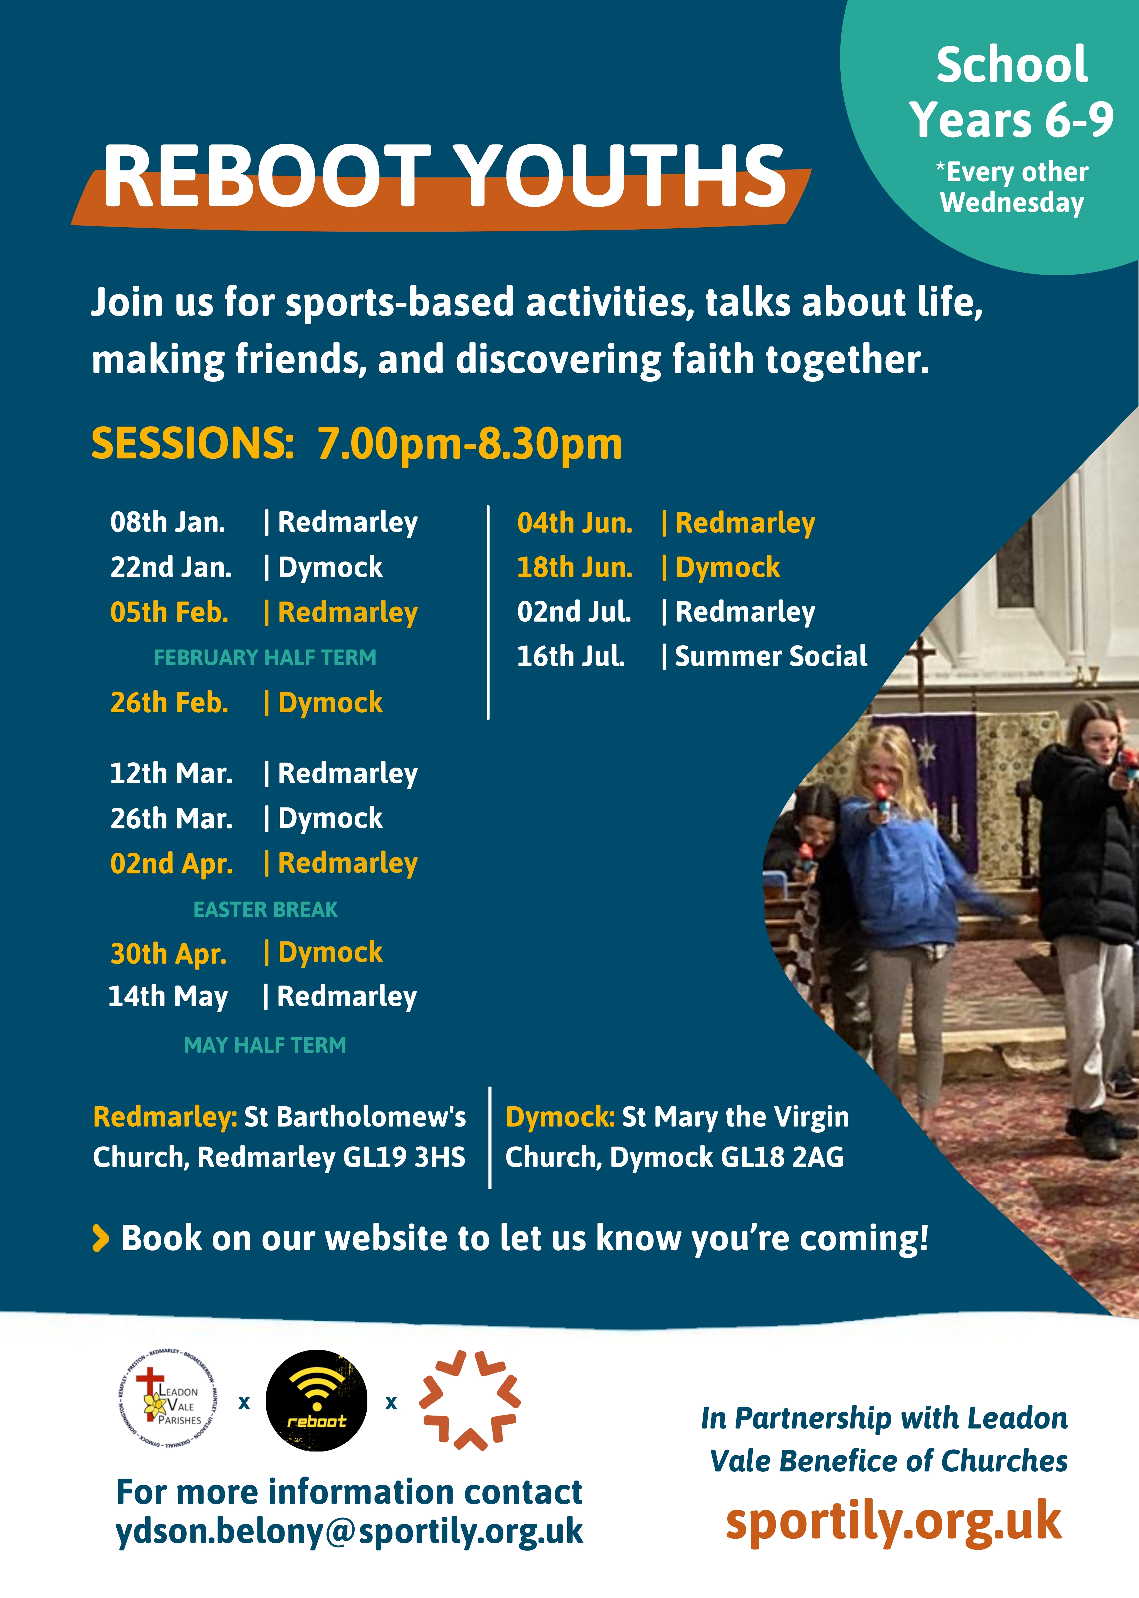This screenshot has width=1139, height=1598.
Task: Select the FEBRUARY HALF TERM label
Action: tap(265, 658)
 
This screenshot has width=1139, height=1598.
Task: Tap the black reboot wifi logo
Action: tap(316, 1400)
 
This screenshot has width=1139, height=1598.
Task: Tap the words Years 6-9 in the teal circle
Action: tap(1011, 119)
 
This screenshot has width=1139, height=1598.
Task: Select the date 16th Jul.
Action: tap(570, 656)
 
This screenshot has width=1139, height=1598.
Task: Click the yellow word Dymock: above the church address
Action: tap(560, 1117)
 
